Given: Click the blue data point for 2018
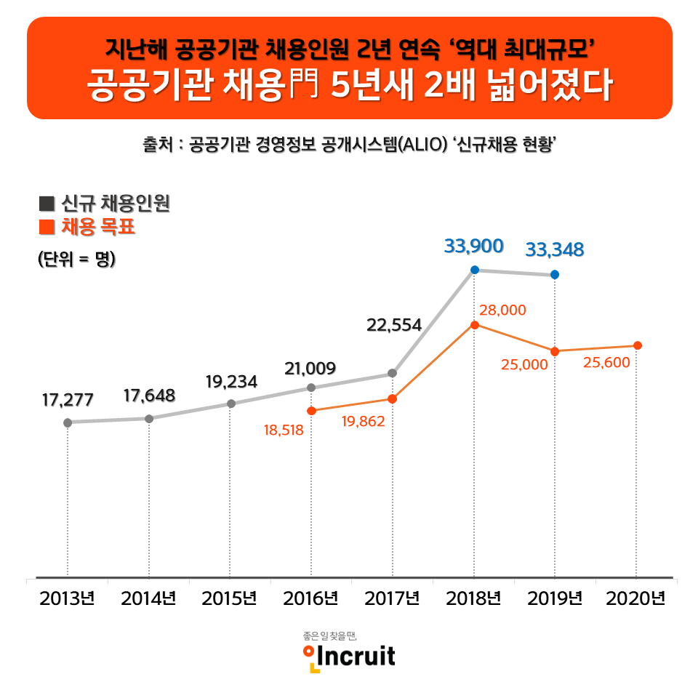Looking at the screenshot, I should (474, 270).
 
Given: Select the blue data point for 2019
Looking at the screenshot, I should (555, 274).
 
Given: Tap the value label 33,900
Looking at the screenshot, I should (473, 246).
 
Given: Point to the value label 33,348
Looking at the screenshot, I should (555, 250).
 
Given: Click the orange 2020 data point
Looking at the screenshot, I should (637, 345).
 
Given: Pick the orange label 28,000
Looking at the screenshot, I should (502, 310).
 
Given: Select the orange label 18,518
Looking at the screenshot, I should (284, 430).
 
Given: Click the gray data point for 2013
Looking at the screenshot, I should (68, 422).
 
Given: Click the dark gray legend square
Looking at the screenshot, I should (46, 204).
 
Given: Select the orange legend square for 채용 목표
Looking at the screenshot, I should (46, 228).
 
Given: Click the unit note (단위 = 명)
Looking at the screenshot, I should (76, 259).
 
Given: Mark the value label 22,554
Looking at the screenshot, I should (394, 325).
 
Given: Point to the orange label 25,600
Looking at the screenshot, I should (606, 362).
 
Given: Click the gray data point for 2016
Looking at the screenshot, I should (311, 388).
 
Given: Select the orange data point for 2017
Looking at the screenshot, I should (392, 399).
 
